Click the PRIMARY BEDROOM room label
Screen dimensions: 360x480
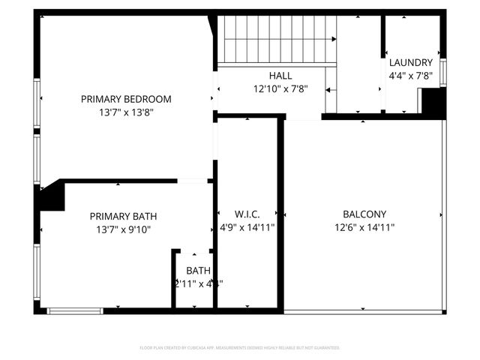point(126,99)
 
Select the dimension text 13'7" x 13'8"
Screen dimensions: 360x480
point(126,112)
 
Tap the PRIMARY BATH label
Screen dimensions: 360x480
point(123,216)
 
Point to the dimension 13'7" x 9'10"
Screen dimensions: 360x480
point(123,230)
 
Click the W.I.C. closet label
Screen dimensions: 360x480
point(247,214)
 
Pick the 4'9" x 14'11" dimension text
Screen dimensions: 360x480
point(247,228)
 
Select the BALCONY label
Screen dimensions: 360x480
point(364,214)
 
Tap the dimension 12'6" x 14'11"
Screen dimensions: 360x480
point(364,228)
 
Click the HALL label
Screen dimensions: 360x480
point(280,76)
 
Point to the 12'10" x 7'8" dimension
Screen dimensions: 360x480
point(280,88)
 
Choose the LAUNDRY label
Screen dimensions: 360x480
point(410,63)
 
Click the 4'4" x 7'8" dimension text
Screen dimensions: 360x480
point(410,76)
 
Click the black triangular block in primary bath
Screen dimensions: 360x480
point(51,198)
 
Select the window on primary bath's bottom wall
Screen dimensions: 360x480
point(75,310)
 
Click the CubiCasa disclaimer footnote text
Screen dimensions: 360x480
point(240,348)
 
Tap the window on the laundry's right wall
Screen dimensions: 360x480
point(443,73)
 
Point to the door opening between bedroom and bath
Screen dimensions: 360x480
point(193,181)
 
